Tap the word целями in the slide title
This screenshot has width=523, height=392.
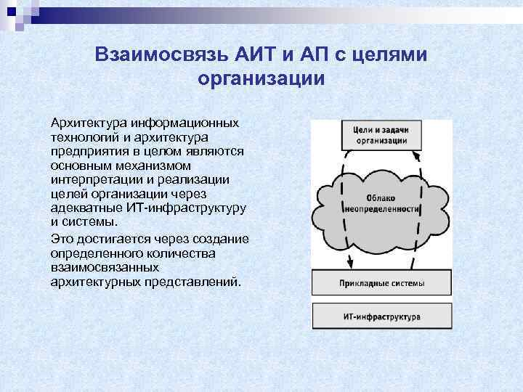396,55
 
